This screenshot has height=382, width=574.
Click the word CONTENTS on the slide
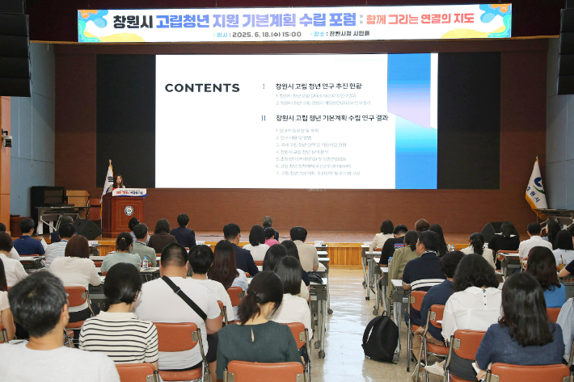(202, 88)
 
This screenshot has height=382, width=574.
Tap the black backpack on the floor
(380, 338)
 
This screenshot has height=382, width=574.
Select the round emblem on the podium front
(129, 211)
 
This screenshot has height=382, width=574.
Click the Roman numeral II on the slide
(264, 117)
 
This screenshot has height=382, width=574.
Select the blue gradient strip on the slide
(412, 121)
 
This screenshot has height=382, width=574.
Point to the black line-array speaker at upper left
(15, 48)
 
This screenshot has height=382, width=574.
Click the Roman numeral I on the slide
(264, 86)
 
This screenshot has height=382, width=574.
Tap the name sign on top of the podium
(129, 192)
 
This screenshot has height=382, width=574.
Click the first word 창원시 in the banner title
(132, 20)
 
